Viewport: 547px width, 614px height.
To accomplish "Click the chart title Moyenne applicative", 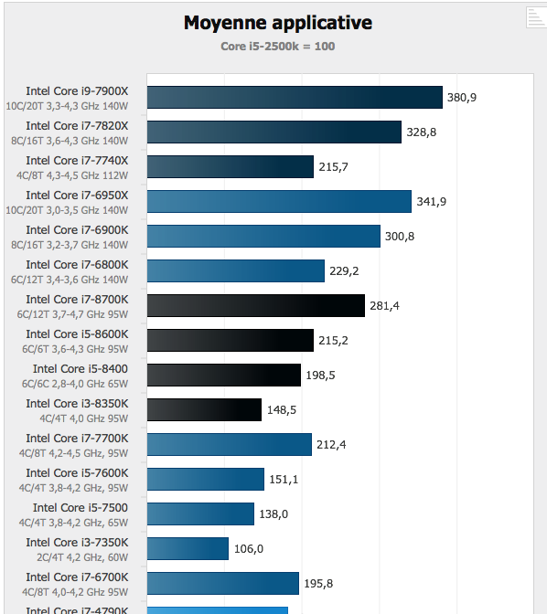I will coord(278,23).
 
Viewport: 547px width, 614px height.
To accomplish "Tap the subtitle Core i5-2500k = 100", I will coord(278,46).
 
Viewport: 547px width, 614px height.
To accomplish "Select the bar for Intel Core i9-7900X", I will coord(295,98).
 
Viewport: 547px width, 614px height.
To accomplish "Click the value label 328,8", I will coord(422,132).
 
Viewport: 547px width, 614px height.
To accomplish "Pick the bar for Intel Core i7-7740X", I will coord(231,167).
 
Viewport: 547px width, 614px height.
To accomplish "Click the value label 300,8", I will coord(400,237).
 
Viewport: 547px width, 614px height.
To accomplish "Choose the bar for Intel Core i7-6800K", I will coord(235,271).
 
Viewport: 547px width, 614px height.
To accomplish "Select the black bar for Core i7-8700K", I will coord(255,306).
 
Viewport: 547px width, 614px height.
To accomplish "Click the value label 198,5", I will coord(320,376).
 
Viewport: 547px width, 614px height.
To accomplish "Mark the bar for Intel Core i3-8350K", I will coord(204,410).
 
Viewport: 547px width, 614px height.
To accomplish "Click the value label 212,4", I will coord(331,445).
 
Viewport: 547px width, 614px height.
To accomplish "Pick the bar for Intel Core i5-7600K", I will coord(205,480).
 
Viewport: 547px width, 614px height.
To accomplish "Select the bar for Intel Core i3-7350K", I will coord(187,549).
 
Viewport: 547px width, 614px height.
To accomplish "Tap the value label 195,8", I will coord(318,584).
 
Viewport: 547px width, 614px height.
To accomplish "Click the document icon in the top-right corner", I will coord(535,16).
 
